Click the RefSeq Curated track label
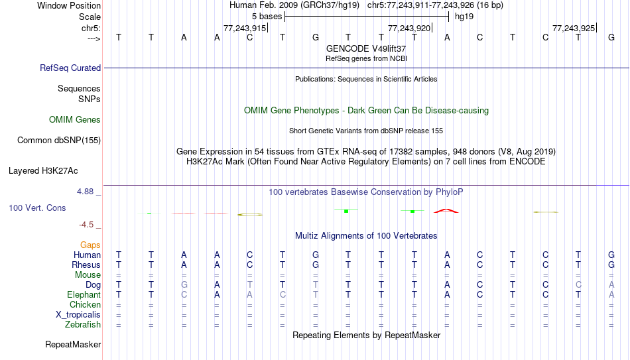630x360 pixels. coord(70,68)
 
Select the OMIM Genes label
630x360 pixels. coord(75,120)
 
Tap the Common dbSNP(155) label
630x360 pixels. coord(59,141)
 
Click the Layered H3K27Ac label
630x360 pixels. coord(43,171)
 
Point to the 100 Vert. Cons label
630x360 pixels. coord(37,208)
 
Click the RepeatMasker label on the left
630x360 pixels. coord(73,344)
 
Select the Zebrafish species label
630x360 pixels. coord(83,325)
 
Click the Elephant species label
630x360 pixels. coord(84,295)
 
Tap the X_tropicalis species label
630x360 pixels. coord(78,315)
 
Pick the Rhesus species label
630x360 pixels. coord(86,265)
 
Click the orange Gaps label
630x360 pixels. coord(90,245)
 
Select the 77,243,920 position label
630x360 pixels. coord(409,28)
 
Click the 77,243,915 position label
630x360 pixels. coord(245,28)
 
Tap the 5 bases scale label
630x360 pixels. coord(267,17)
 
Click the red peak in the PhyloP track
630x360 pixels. coord(446,211)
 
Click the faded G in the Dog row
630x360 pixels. coord(184,285)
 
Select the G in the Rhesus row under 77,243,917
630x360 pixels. coord(316,265)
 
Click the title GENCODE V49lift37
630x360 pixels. coord(366,48)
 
